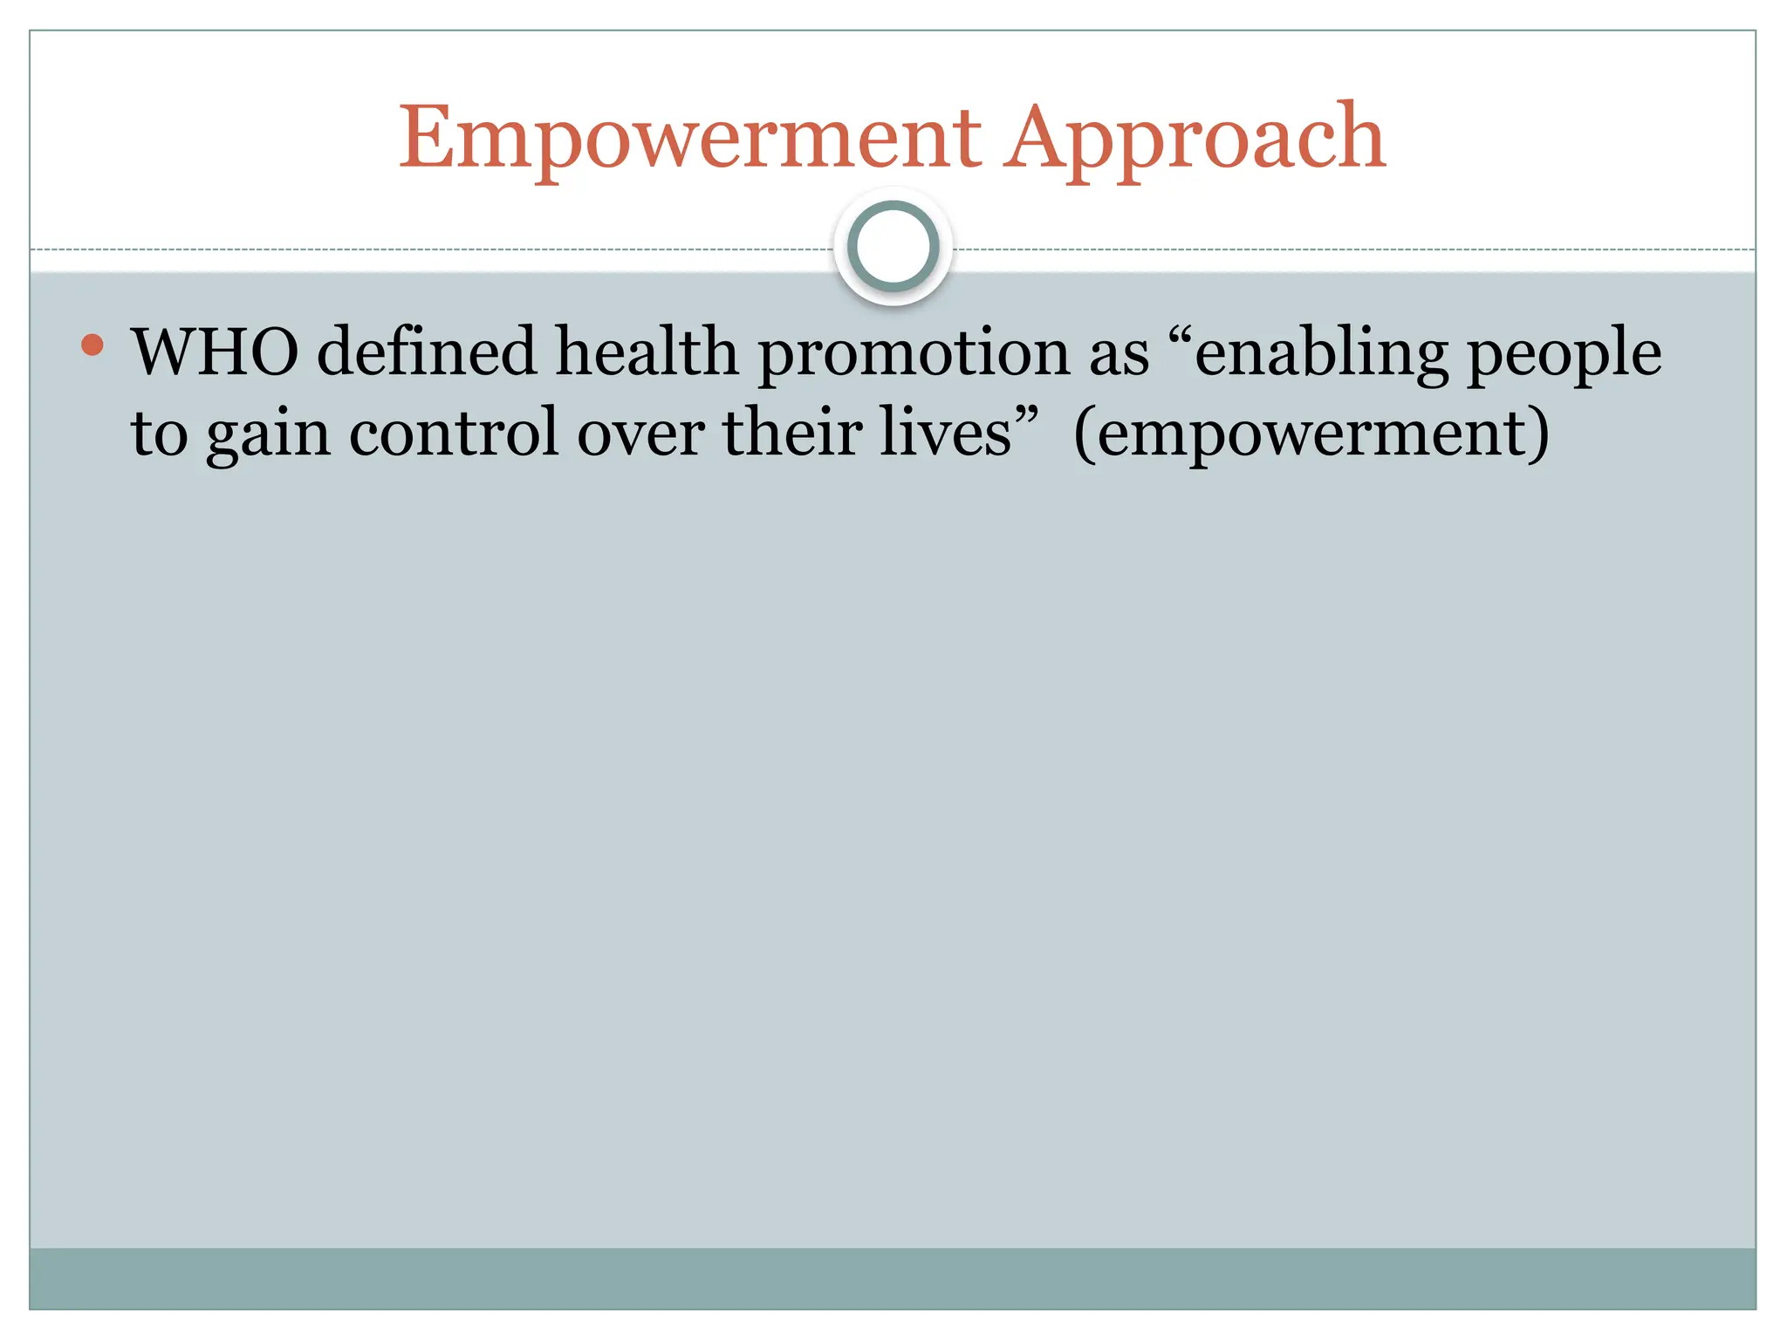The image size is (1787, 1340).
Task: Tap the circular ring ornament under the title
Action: [893, 247]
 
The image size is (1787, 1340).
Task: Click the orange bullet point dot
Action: [92, 345]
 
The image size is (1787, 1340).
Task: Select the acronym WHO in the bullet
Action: [215, 352]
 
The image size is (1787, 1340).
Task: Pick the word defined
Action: [426, 352]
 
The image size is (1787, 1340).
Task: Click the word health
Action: [647, 352]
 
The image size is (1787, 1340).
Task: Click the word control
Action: [454, 433]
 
